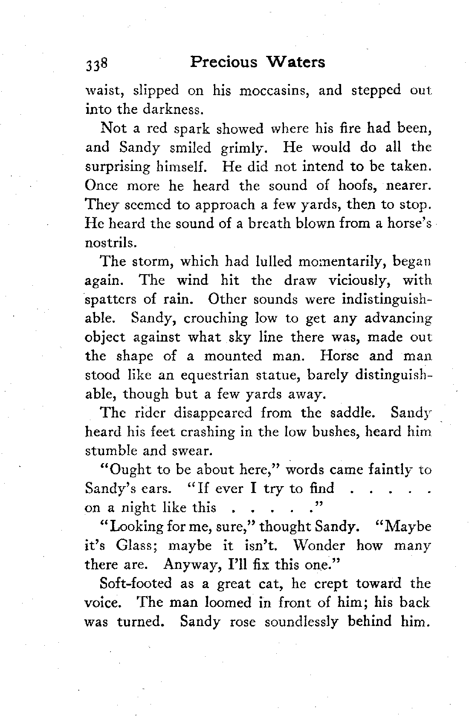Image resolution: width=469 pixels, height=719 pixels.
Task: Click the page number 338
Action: [x=98, y=64]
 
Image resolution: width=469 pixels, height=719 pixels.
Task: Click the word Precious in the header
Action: [x=224, y=62]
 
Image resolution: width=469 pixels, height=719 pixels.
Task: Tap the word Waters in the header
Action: [x=295, y=62]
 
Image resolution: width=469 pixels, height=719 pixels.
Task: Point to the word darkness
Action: [x=171, y=110]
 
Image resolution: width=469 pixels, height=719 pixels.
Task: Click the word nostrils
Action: [x=110, y=242]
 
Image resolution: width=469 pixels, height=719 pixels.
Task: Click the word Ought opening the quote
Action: [x=130, y=470]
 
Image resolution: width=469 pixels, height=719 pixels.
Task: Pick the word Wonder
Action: [x=321, y=545]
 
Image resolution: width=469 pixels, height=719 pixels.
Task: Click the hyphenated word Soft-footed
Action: [x=135, y=583]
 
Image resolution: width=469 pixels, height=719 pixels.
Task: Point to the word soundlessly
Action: [x=302, y=621]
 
